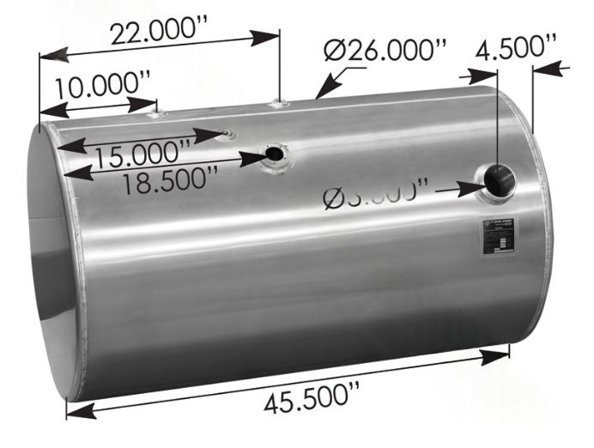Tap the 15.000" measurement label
[142, 155]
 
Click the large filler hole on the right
[497, 180]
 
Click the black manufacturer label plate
[499, 237]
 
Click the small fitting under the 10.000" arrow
[155, 112]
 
